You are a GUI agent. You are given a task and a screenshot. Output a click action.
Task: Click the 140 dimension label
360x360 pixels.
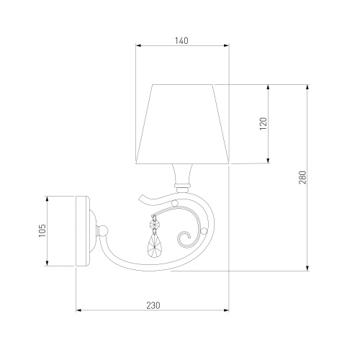pyautogui.click(x=181, y=41)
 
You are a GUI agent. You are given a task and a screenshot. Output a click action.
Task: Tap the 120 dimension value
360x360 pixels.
pyautogui.click(x=264, y=124)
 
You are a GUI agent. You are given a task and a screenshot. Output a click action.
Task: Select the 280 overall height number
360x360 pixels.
pyautogui.click(x=302, y=177)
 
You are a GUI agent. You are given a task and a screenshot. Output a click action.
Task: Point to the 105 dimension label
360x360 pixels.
pyautogui.click(x=42, y=230)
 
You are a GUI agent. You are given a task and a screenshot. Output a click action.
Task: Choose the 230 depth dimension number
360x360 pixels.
pyautogui.click(x=153, y=305)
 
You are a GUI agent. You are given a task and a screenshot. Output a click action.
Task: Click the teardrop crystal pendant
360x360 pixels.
pyautogui.click(x=153, y=246)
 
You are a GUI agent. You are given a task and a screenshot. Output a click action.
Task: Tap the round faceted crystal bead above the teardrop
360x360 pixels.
pyautogui.click(x=154, y=225)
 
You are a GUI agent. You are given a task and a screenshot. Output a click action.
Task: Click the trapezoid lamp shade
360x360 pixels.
pyautogui.click(x=182, y=124)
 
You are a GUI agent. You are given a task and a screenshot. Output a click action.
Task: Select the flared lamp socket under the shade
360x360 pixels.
pyautogui.click(x=182, y=174)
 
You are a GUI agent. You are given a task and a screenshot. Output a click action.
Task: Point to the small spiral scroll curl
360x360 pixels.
pyautogui.click(x=184, y=239)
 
